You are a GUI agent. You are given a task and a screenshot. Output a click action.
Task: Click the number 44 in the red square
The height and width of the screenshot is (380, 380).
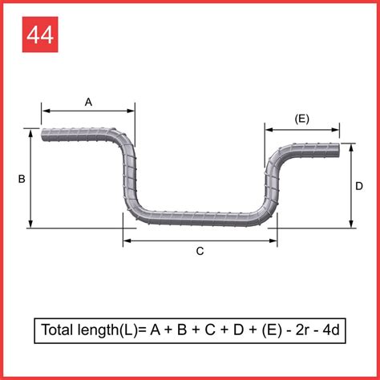[41, 36]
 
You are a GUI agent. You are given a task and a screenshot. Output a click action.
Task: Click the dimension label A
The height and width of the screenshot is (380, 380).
[88, 102]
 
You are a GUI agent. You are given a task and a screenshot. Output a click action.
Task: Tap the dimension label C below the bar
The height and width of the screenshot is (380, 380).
[200, 251]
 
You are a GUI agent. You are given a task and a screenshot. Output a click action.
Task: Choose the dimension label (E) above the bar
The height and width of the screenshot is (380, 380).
[301, 119]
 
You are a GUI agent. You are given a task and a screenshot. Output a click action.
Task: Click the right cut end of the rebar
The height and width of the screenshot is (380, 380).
[346, 149]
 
